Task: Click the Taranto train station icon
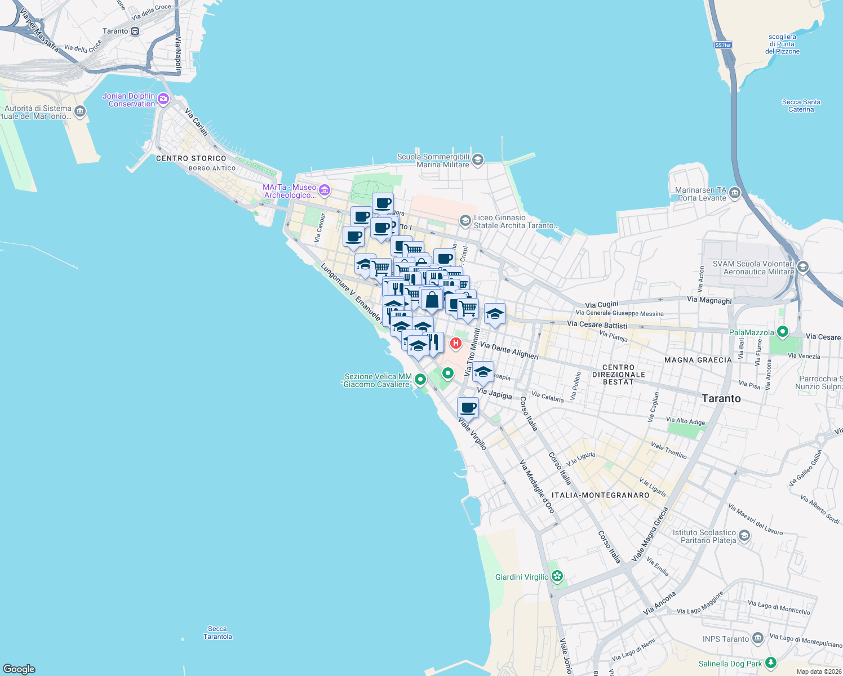tap(135, 32)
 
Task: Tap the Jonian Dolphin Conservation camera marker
tap(163, 100)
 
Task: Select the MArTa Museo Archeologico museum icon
tap(324, 190)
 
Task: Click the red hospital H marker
tap(456, 343)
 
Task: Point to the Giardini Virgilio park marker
tap(557, 576)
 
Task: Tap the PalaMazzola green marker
tap(782, 332)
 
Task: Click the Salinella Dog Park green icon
tap(771, 663)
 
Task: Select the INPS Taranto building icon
tap(758, 638)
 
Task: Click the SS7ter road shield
tap(723, 45)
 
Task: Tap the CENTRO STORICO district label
tap(191, 159)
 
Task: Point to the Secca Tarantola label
tap(218, 633)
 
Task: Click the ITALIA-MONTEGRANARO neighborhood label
tap(600, 495)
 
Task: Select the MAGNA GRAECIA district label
tap(698, 360)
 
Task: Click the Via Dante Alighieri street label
tap(509, 351)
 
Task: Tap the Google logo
tap(19, 669)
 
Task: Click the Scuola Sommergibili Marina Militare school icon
tap(478, 160)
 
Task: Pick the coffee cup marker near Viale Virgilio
tap(468, 407)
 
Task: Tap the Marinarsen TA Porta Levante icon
tap(735, 193)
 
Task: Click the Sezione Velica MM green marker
tap(420, 380)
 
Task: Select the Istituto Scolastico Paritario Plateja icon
tap(744, 535)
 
